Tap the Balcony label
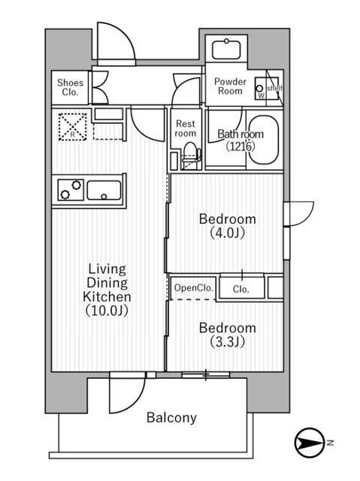coord(171,418)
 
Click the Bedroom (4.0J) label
coord(227,225)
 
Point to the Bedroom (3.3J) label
coord(227,334)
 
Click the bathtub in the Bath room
coord(263,141)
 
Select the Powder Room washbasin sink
coord(225,50)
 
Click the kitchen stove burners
coord(68,189)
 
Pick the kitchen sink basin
coord(104,190)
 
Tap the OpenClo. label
coord(193,288)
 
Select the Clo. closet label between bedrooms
coord(241,288)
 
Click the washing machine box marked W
coord(262,88)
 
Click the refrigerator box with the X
coord(71,125)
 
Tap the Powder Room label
coord(229,86)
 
